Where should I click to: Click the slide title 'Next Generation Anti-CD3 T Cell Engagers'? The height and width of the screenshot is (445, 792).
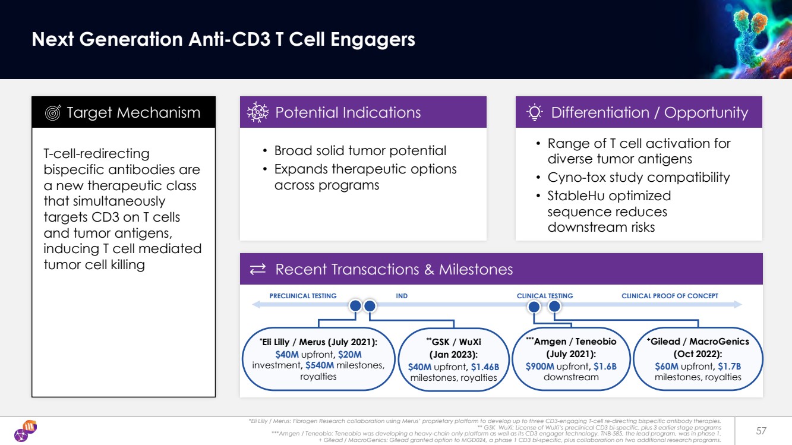tap(223, 40)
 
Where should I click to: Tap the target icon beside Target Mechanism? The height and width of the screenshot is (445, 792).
tap(53, 113)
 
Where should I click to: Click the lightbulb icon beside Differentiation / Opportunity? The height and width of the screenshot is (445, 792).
tap(535, 112)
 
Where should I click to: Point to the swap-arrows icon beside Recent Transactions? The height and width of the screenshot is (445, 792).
tap(258, 270)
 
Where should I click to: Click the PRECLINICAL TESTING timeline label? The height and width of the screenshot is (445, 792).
tap(303, 296)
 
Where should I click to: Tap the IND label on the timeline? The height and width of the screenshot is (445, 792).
tap(402, 296)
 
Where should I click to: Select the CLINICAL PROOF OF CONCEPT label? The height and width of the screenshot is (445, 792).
tap(670, 296)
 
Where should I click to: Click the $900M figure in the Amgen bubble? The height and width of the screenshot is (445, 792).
tap(540, 366)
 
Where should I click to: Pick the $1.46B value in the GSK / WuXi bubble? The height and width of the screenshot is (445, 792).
tap(485, 367)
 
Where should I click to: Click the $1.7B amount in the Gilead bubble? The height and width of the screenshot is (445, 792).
tap(729, 366)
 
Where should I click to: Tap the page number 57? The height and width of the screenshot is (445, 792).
tap(761, 430)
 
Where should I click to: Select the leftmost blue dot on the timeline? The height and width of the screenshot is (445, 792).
tap(355, 306)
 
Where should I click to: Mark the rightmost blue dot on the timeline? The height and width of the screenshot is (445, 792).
tap(554, 307)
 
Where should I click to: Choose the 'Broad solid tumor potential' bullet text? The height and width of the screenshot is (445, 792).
tap(360, 151)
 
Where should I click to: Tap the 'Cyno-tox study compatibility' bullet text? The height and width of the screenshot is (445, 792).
tap(639, 177)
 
